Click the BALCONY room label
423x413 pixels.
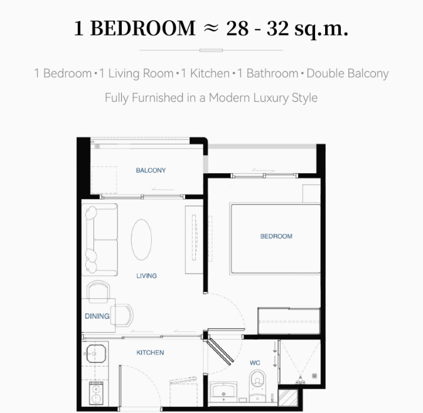(151, 170)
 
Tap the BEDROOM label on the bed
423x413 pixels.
(276, 236)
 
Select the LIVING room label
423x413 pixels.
(146, 276)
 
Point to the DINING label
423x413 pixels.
(97, 316)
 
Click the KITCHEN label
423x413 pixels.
(150, 353)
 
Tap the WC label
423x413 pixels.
(255, 363)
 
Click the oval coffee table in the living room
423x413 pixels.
(141, 240)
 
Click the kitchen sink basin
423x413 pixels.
(96, 353)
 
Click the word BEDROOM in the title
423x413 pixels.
(143, 28)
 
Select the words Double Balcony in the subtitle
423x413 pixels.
(348, 73)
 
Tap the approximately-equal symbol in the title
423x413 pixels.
(211, 28)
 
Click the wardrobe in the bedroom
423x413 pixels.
(289, 321)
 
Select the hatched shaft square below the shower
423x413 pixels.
(288, 398)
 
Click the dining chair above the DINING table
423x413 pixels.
(99, 289)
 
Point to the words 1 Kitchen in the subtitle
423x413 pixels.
(205, 73)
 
